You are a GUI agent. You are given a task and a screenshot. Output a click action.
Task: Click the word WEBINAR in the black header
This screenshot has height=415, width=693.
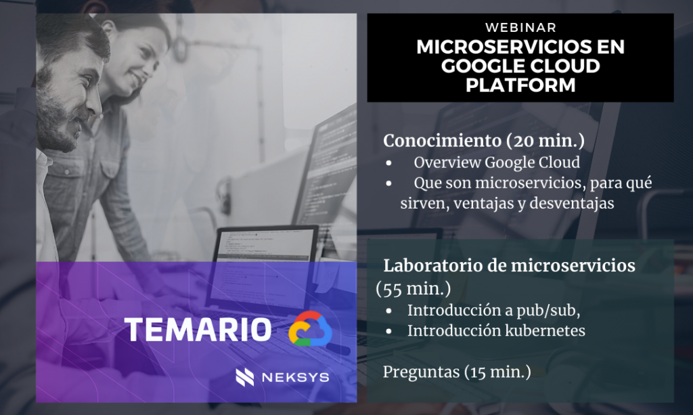[x=520, y=27]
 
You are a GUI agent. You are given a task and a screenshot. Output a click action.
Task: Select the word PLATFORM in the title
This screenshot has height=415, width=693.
[x=520, y=85]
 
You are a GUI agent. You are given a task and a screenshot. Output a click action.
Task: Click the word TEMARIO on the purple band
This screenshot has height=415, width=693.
[x=198, y=330]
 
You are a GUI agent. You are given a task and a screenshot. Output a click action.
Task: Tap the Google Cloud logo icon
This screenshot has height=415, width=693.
[x=310, y=328]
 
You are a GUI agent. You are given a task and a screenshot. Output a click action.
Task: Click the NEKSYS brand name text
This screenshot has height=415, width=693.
[x=296, y=378]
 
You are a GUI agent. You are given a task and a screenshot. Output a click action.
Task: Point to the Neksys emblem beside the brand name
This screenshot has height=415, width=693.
[x=245, y=377]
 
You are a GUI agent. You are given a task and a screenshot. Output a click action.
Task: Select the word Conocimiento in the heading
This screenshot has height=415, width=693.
[x=442, y=141]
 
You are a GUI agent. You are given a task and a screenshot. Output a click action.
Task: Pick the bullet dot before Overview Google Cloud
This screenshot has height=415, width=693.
[x=388, y=163]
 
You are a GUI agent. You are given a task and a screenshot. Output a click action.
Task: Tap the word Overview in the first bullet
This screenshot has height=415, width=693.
[x=447, y=162]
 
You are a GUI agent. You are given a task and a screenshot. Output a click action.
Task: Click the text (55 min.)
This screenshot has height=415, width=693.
[x=413, y=288]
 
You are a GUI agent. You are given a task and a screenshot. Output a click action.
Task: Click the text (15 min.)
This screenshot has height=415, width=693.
[x=497, y=372]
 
